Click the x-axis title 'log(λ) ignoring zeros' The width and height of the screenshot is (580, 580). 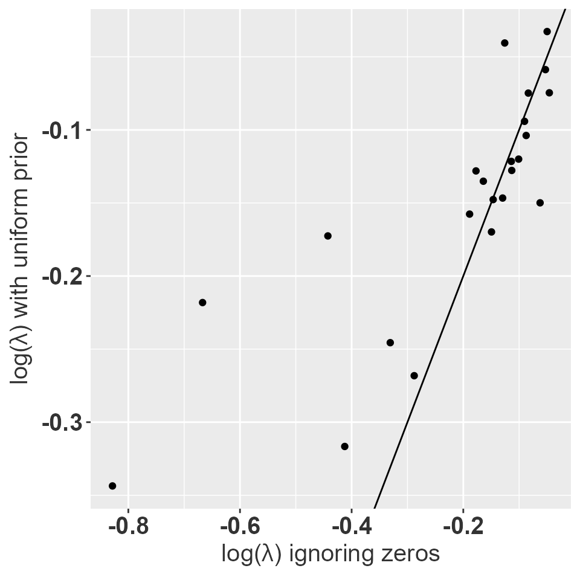(x=330, y=554)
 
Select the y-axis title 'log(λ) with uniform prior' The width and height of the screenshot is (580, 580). (x=22, y=258)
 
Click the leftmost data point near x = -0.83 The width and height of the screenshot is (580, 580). (x=112, y=486)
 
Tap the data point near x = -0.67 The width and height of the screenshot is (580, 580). (x=202, y=302)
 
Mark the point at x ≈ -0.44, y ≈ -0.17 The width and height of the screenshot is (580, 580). (x=327, y=236)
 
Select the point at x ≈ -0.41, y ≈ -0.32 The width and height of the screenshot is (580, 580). (x=344, y=446)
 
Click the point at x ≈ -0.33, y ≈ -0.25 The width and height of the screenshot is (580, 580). (x=390, y=343)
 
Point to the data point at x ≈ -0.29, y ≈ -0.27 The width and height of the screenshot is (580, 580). (x=414, y=376)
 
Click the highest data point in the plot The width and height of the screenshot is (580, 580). (x=547, y=31)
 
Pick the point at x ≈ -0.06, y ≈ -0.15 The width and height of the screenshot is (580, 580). (x=540, y=202)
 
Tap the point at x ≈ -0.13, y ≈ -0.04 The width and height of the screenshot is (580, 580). (x=504, y=43)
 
